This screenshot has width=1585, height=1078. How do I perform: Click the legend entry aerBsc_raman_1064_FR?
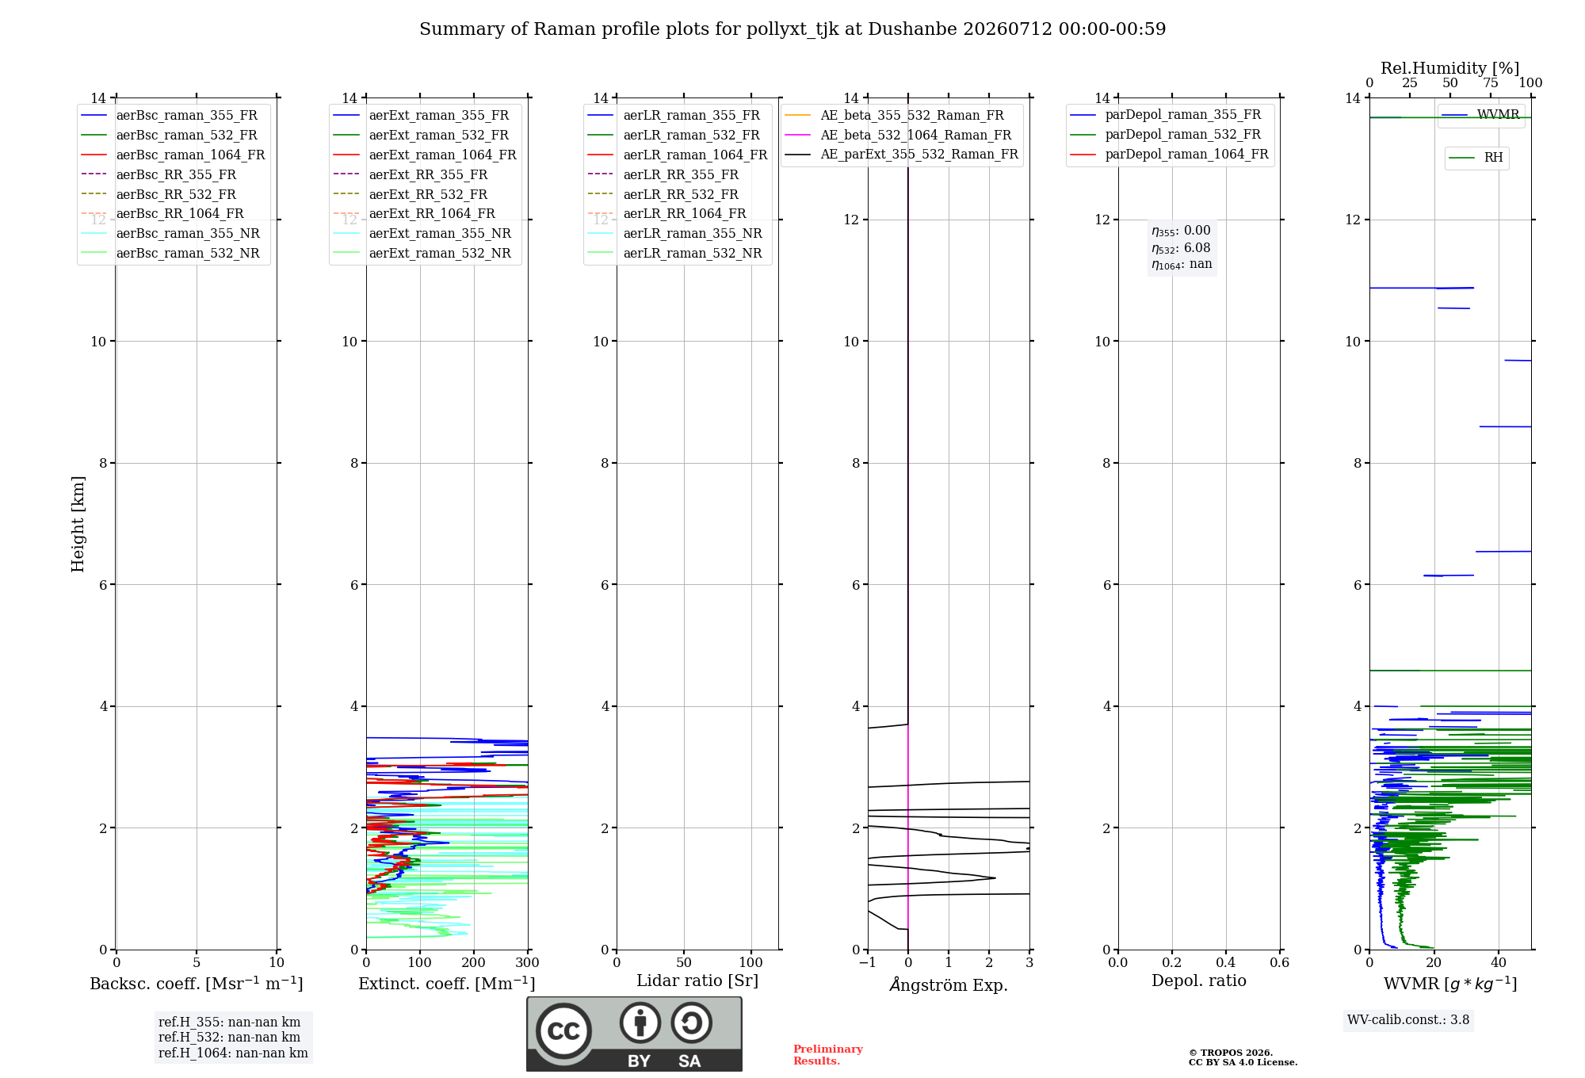coord(173,155)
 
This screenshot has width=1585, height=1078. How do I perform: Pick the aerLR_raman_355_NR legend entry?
coord(674,233)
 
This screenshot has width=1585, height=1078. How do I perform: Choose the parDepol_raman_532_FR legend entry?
coord(1165,135)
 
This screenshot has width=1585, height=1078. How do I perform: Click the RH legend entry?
coord(1476,158)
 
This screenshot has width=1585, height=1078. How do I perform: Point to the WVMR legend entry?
coord(1480,115)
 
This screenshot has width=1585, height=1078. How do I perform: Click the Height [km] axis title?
coord(78,524)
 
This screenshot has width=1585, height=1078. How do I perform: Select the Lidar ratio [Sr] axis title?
coord(697,981)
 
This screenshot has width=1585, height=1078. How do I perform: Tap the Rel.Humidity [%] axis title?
coord(1450,68)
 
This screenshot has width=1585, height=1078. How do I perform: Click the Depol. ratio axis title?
coord(1199,981)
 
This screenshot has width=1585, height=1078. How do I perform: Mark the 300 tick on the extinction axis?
coord(528,963)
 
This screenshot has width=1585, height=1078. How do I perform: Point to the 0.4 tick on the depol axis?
coord(1226,963)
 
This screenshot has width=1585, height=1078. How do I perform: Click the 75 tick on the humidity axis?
coord(1491,83)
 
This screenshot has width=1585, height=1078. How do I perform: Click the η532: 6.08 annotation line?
coord(1181,248)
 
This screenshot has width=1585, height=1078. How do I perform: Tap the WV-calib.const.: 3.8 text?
coord(1408,1020)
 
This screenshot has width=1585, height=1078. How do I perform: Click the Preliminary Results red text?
coord(828,1055)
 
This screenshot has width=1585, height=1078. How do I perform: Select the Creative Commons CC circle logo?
coord(564,1031)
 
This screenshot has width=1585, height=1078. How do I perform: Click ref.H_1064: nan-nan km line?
coord(233,1053)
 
